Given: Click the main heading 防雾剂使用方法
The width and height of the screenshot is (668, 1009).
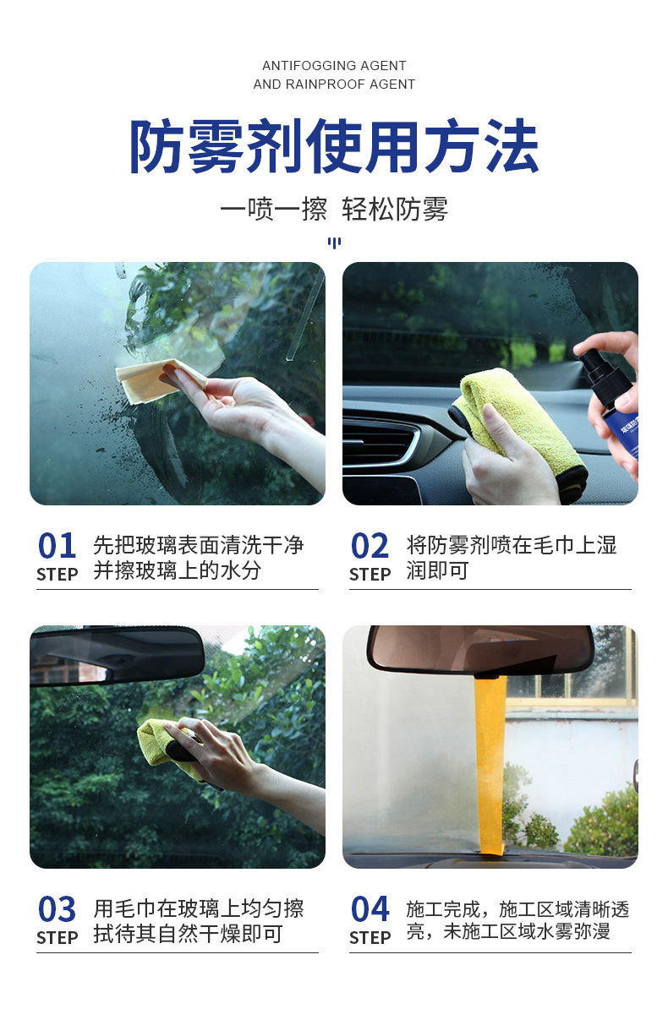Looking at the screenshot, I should [334, 147].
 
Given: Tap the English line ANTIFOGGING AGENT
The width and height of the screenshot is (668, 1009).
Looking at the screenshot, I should [334, 66].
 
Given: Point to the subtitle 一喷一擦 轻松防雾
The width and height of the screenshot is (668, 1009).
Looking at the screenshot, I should [334, 209].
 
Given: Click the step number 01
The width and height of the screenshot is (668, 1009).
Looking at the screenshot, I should [57, 547].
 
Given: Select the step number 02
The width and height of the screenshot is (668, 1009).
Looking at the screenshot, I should [370, 547].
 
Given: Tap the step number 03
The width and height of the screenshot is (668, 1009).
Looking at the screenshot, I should [57, 910].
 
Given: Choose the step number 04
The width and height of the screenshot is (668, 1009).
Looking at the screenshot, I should [370, 910].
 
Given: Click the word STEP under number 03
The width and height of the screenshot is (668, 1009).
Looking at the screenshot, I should [57, 938].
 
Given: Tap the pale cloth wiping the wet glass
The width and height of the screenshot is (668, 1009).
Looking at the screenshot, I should [156, 380].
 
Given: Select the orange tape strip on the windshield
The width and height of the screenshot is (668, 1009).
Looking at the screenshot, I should [490, 761].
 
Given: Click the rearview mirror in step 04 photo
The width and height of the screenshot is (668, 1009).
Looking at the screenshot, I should [480, 649].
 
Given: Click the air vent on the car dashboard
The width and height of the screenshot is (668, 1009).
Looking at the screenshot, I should [381, 444].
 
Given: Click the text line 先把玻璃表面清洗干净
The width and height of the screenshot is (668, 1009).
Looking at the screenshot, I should [199, 545].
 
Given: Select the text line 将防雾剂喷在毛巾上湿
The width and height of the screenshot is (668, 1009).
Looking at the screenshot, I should [512, 545].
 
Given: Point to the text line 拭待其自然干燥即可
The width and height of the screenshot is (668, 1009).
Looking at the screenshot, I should [188, 935].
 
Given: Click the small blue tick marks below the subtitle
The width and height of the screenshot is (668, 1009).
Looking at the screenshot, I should [334, 243].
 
